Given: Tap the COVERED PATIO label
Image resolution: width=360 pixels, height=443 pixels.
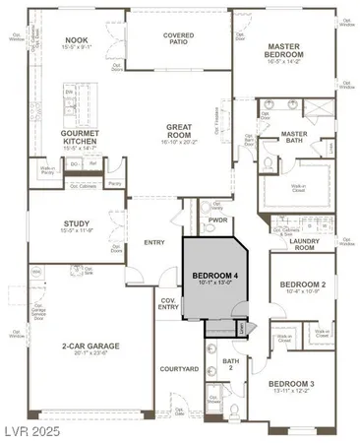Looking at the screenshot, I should click(x=164, y=37).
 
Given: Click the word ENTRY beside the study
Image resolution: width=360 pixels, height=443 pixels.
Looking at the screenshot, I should click(x=154, y=242).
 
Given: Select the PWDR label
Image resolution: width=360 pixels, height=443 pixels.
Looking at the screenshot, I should click(x=218, y=221).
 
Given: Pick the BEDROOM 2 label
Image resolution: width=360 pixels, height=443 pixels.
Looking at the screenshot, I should click(x=302, y=284).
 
